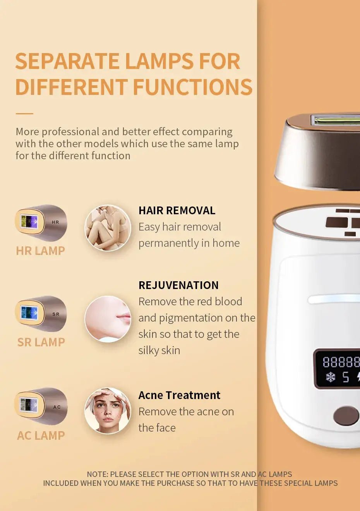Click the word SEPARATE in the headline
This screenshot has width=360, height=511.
point(67,61)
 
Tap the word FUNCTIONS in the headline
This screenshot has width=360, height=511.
point(193,87)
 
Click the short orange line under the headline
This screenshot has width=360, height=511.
point(24,114)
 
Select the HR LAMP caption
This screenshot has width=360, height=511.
point(41,251)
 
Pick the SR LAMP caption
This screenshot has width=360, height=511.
point(41,342)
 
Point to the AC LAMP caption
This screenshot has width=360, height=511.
point(41,435)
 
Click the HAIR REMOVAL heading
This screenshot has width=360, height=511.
point(177,210)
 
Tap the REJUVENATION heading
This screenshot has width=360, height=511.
point(178,285)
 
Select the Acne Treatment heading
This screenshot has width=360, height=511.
point(180,395)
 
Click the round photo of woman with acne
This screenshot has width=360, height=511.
point(108,411)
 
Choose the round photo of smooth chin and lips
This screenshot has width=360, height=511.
point(108,319)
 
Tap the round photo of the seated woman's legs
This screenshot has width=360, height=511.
point(108,228)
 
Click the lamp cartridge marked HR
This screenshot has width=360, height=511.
point(41,223)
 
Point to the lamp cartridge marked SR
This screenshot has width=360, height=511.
point(41,314)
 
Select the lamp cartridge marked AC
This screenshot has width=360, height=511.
point(41,406)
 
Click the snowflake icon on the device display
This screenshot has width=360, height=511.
point(330,377)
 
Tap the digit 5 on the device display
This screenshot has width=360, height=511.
point(346,377)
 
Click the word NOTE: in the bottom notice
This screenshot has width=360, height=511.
point(97,474)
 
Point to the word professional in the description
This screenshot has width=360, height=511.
point(70,132)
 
